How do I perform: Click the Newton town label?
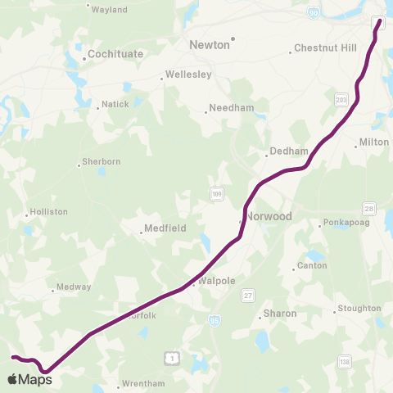(x=210, y=45)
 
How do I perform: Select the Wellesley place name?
(x=189, y=75)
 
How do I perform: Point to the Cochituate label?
(x=115, y=53)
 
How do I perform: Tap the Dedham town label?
(x=288, y=151)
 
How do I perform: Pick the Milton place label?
(x=374, y=142)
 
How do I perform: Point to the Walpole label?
(x=217, y=281)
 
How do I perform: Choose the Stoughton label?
(x=359, y=309)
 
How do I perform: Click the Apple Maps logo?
(x=30, y=378)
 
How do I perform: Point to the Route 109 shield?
(x=215, y=194)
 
